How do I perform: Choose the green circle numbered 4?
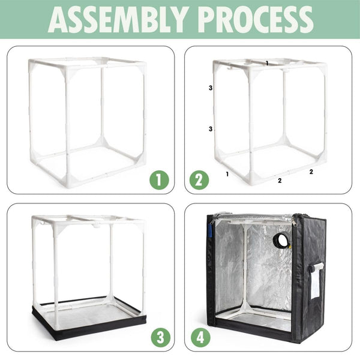(x=200, y=336)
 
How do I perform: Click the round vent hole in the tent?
(x=281, y=241)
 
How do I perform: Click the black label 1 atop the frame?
(x=267, y=62)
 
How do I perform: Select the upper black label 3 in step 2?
(x=211, y=88)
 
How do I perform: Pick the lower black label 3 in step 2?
(x=211, y=129)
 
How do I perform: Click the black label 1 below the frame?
(x=227, y=174)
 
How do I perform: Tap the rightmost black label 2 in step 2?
(x=311, y=172)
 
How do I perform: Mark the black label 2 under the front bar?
(x=280, y=179)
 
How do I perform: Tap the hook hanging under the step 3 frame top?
(x=95, y=226)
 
